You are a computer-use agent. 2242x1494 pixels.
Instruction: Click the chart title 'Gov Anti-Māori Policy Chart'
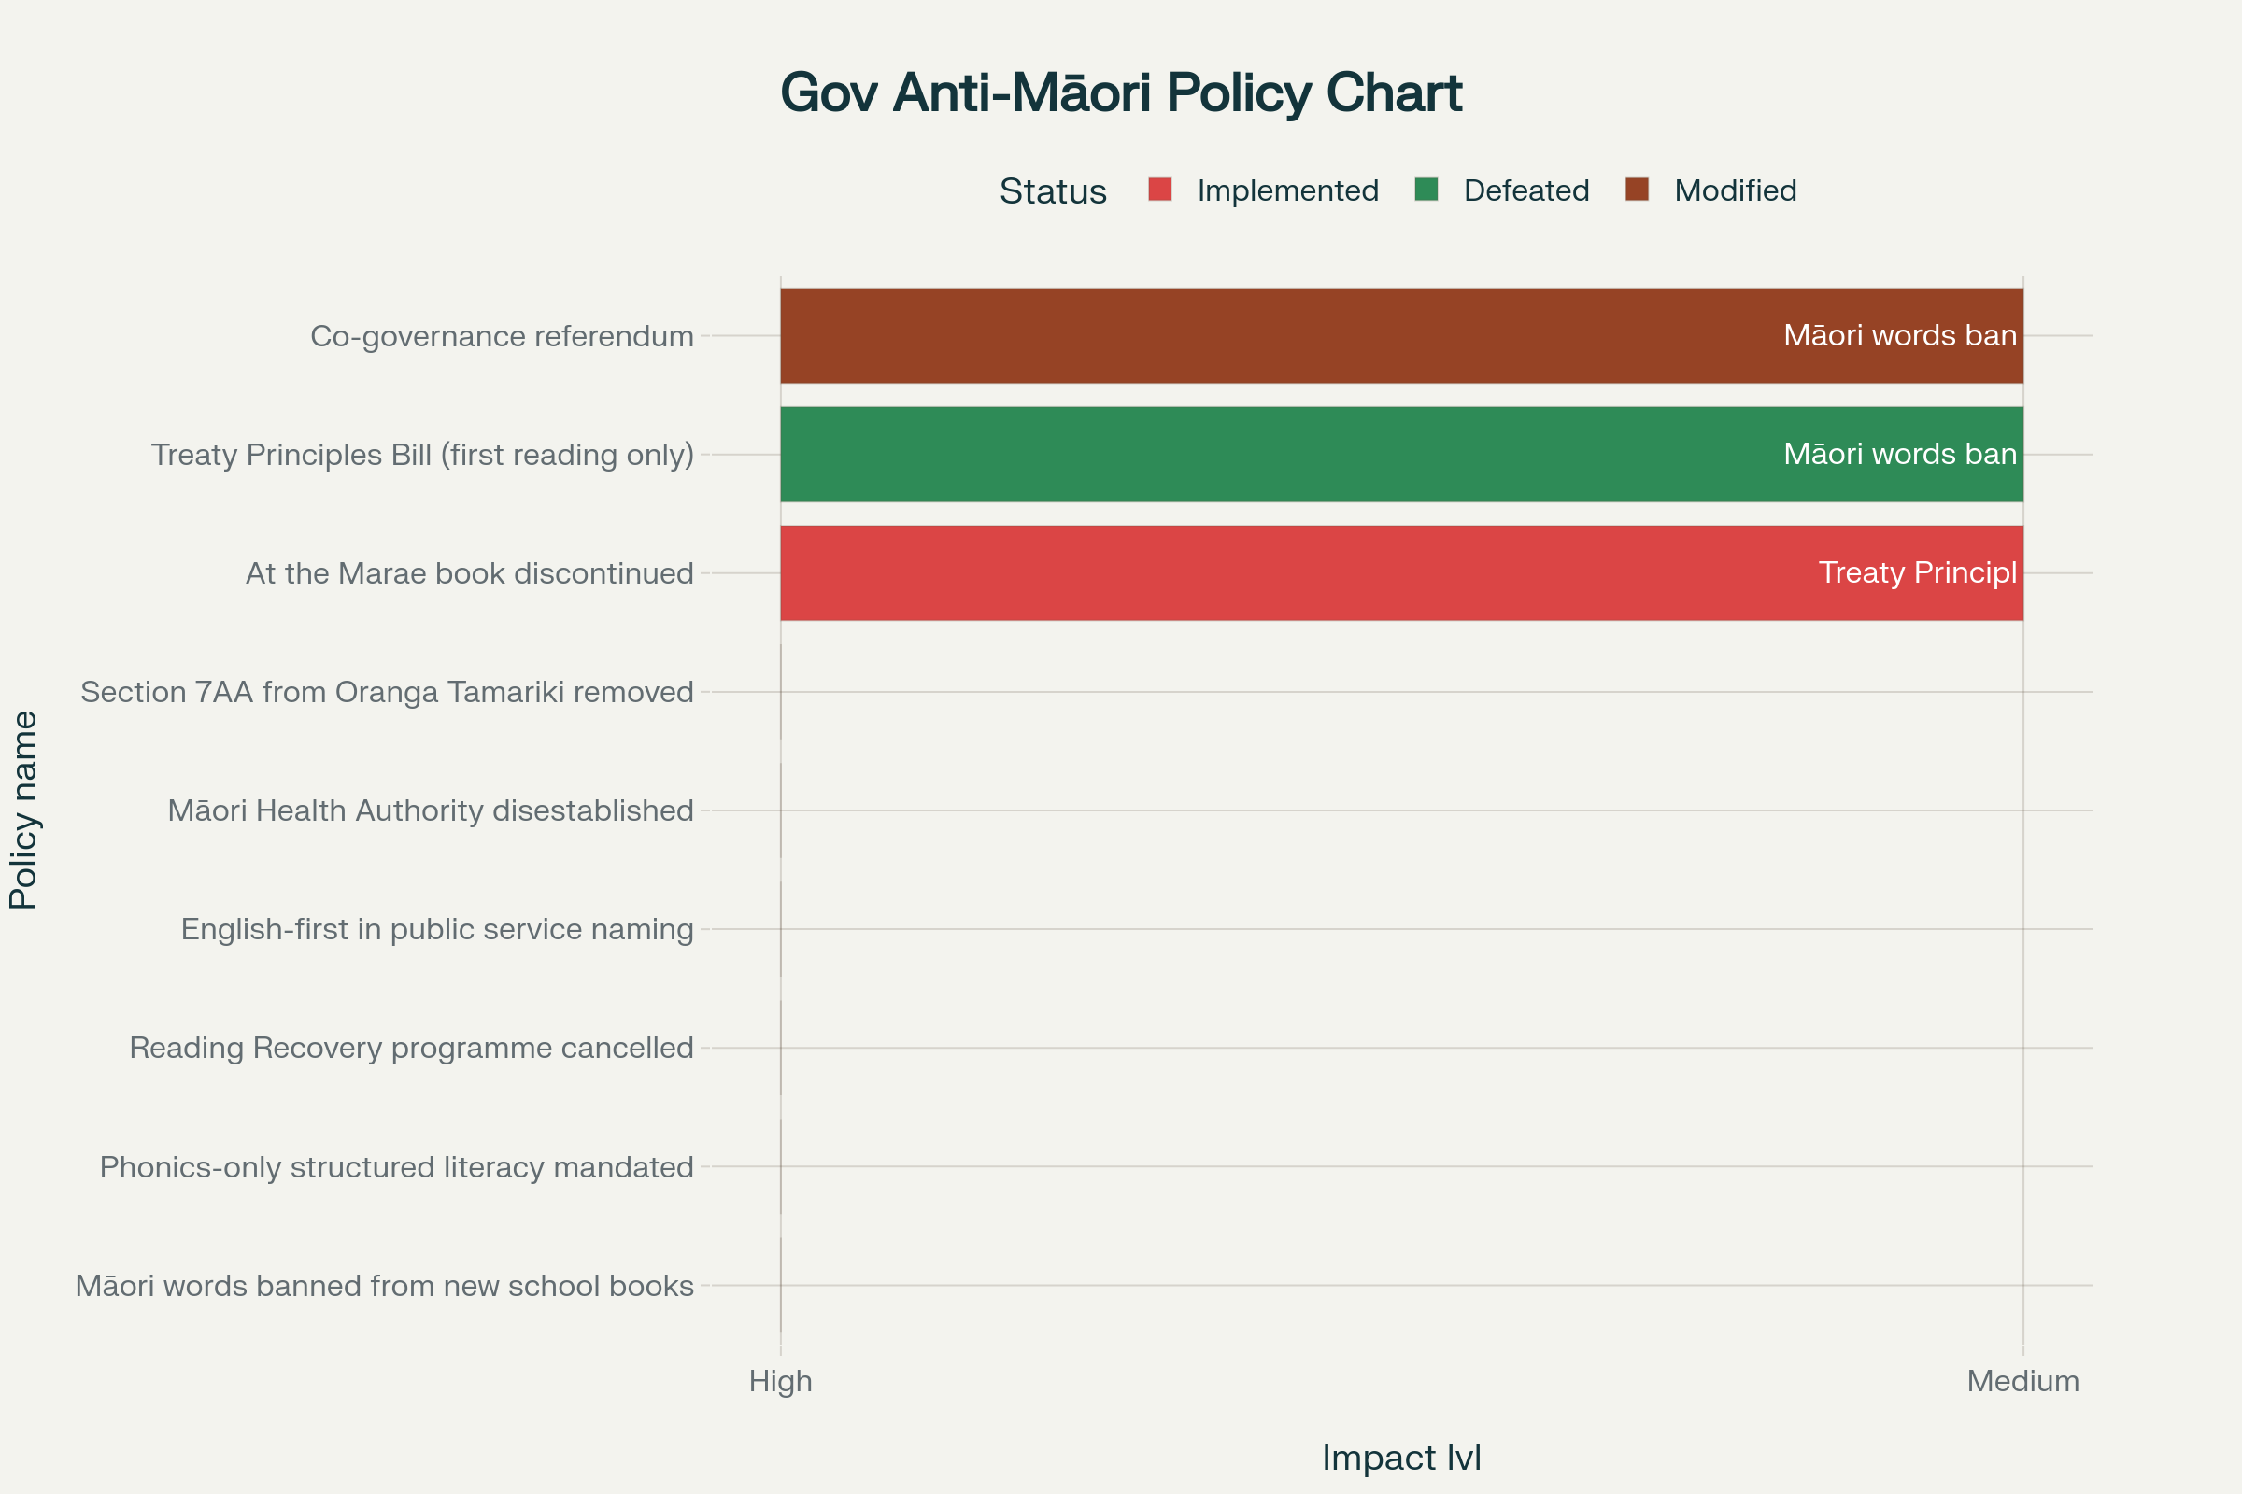coord(1120,93)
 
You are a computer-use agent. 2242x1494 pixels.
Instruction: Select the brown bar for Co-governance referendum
coord(1240,335)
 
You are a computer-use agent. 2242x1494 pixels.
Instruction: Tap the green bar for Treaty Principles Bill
coord(1240,455)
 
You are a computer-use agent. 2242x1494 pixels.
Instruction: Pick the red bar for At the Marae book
coord(1240,572)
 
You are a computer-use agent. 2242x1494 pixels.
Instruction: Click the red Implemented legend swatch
coord(1159,190)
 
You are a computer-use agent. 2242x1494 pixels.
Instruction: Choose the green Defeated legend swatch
coord(1426,190)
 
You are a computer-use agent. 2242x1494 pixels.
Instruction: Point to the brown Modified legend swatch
coord(1637,190)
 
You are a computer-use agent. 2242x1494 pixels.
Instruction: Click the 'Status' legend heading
coord(1053,191)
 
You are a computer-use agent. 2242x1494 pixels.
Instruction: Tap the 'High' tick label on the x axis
coord(780,1381)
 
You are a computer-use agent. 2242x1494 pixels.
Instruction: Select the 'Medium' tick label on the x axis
coord(2022,1381)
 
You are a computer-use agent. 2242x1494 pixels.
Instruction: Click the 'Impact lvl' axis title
coord(1401,1458)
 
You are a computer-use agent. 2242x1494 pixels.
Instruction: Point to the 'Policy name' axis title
coord(24,810)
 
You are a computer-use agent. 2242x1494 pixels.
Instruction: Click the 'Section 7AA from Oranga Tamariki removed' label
coord(387,692)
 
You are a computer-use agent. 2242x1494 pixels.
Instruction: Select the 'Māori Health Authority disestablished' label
coord(430,810)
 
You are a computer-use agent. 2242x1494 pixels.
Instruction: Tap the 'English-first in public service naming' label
coord(436,929)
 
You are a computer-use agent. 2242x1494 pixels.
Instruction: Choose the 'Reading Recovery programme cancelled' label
coord(411,1048)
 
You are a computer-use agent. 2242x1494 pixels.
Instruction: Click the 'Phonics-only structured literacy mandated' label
coord(396,1167)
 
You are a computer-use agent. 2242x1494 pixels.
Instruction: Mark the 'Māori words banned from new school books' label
coord(384,1287)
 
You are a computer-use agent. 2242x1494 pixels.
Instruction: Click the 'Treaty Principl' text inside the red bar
coord(1917,572)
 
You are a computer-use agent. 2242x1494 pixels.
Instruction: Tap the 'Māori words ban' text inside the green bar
coord(1900,455)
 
